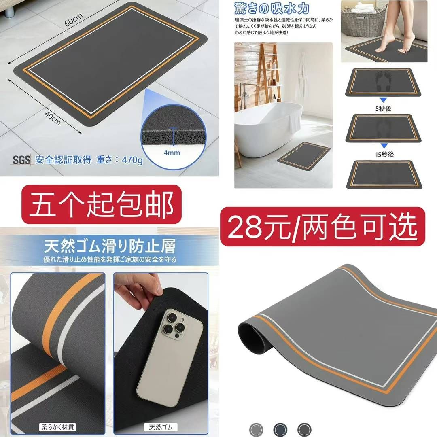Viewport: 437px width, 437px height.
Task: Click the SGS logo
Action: coord(21,160)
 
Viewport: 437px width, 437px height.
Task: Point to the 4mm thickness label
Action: coord(172,153)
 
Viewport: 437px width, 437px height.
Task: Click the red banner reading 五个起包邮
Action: coord(101,205)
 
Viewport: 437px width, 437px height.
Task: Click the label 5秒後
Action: coord(384,108)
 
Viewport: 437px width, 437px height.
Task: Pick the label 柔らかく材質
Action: coord(57,426)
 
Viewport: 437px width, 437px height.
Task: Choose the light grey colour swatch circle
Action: coord(256,429)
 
